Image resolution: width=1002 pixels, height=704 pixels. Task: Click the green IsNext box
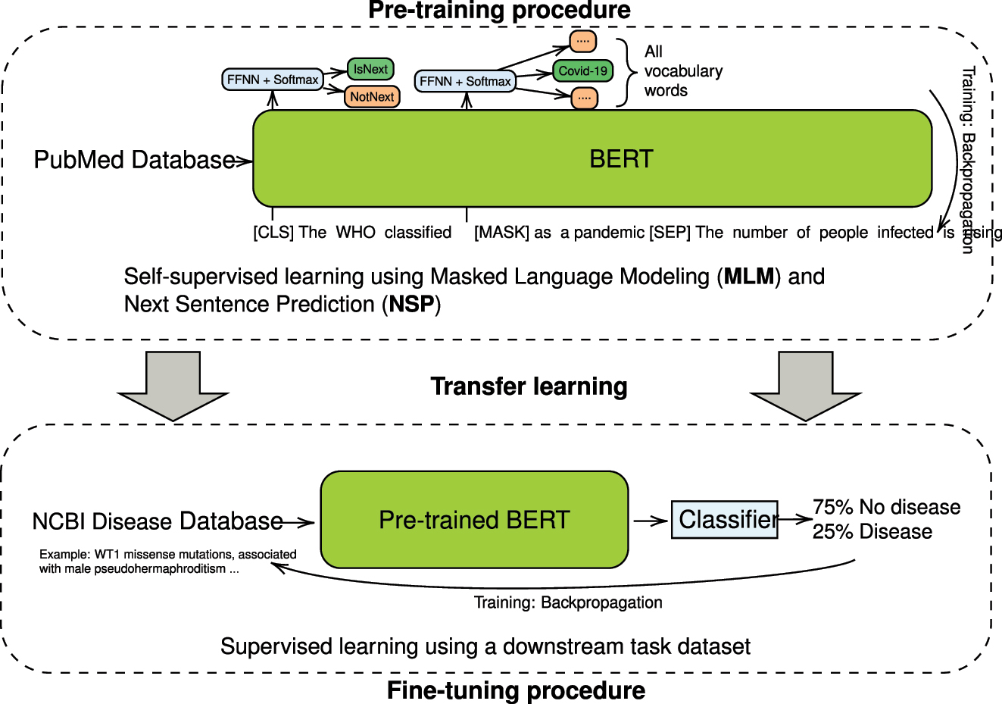pos(370,69)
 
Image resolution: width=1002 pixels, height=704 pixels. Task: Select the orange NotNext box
pos(372,97)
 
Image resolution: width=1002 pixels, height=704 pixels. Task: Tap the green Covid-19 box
pos(582,71)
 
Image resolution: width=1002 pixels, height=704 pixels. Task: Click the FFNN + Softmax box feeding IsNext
pos(273,80)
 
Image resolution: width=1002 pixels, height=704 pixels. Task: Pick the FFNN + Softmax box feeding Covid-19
pos(465,81)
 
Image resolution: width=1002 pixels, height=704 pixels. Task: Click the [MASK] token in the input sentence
pos(501,233)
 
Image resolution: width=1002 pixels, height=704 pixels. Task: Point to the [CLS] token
pos(273,233)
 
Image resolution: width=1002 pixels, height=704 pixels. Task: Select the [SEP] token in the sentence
pos(670,233)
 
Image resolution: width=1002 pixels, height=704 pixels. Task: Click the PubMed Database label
pos(135,160)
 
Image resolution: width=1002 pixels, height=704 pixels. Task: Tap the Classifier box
pos(725,520)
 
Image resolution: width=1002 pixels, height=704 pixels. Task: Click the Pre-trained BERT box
pos(474,520)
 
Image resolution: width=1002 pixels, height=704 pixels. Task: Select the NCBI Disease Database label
pos(158,521)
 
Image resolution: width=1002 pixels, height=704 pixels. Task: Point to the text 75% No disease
pos(886,507)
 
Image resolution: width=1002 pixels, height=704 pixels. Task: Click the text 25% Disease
pos(872,532)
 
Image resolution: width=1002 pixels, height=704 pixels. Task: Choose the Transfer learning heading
pos(529,386)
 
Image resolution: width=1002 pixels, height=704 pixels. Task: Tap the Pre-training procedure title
pos(499,11)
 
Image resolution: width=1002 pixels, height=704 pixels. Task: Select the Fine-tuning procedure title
pos(516,690)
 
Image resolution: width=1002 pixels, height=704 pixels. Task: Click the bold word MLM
pos(749,277)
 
